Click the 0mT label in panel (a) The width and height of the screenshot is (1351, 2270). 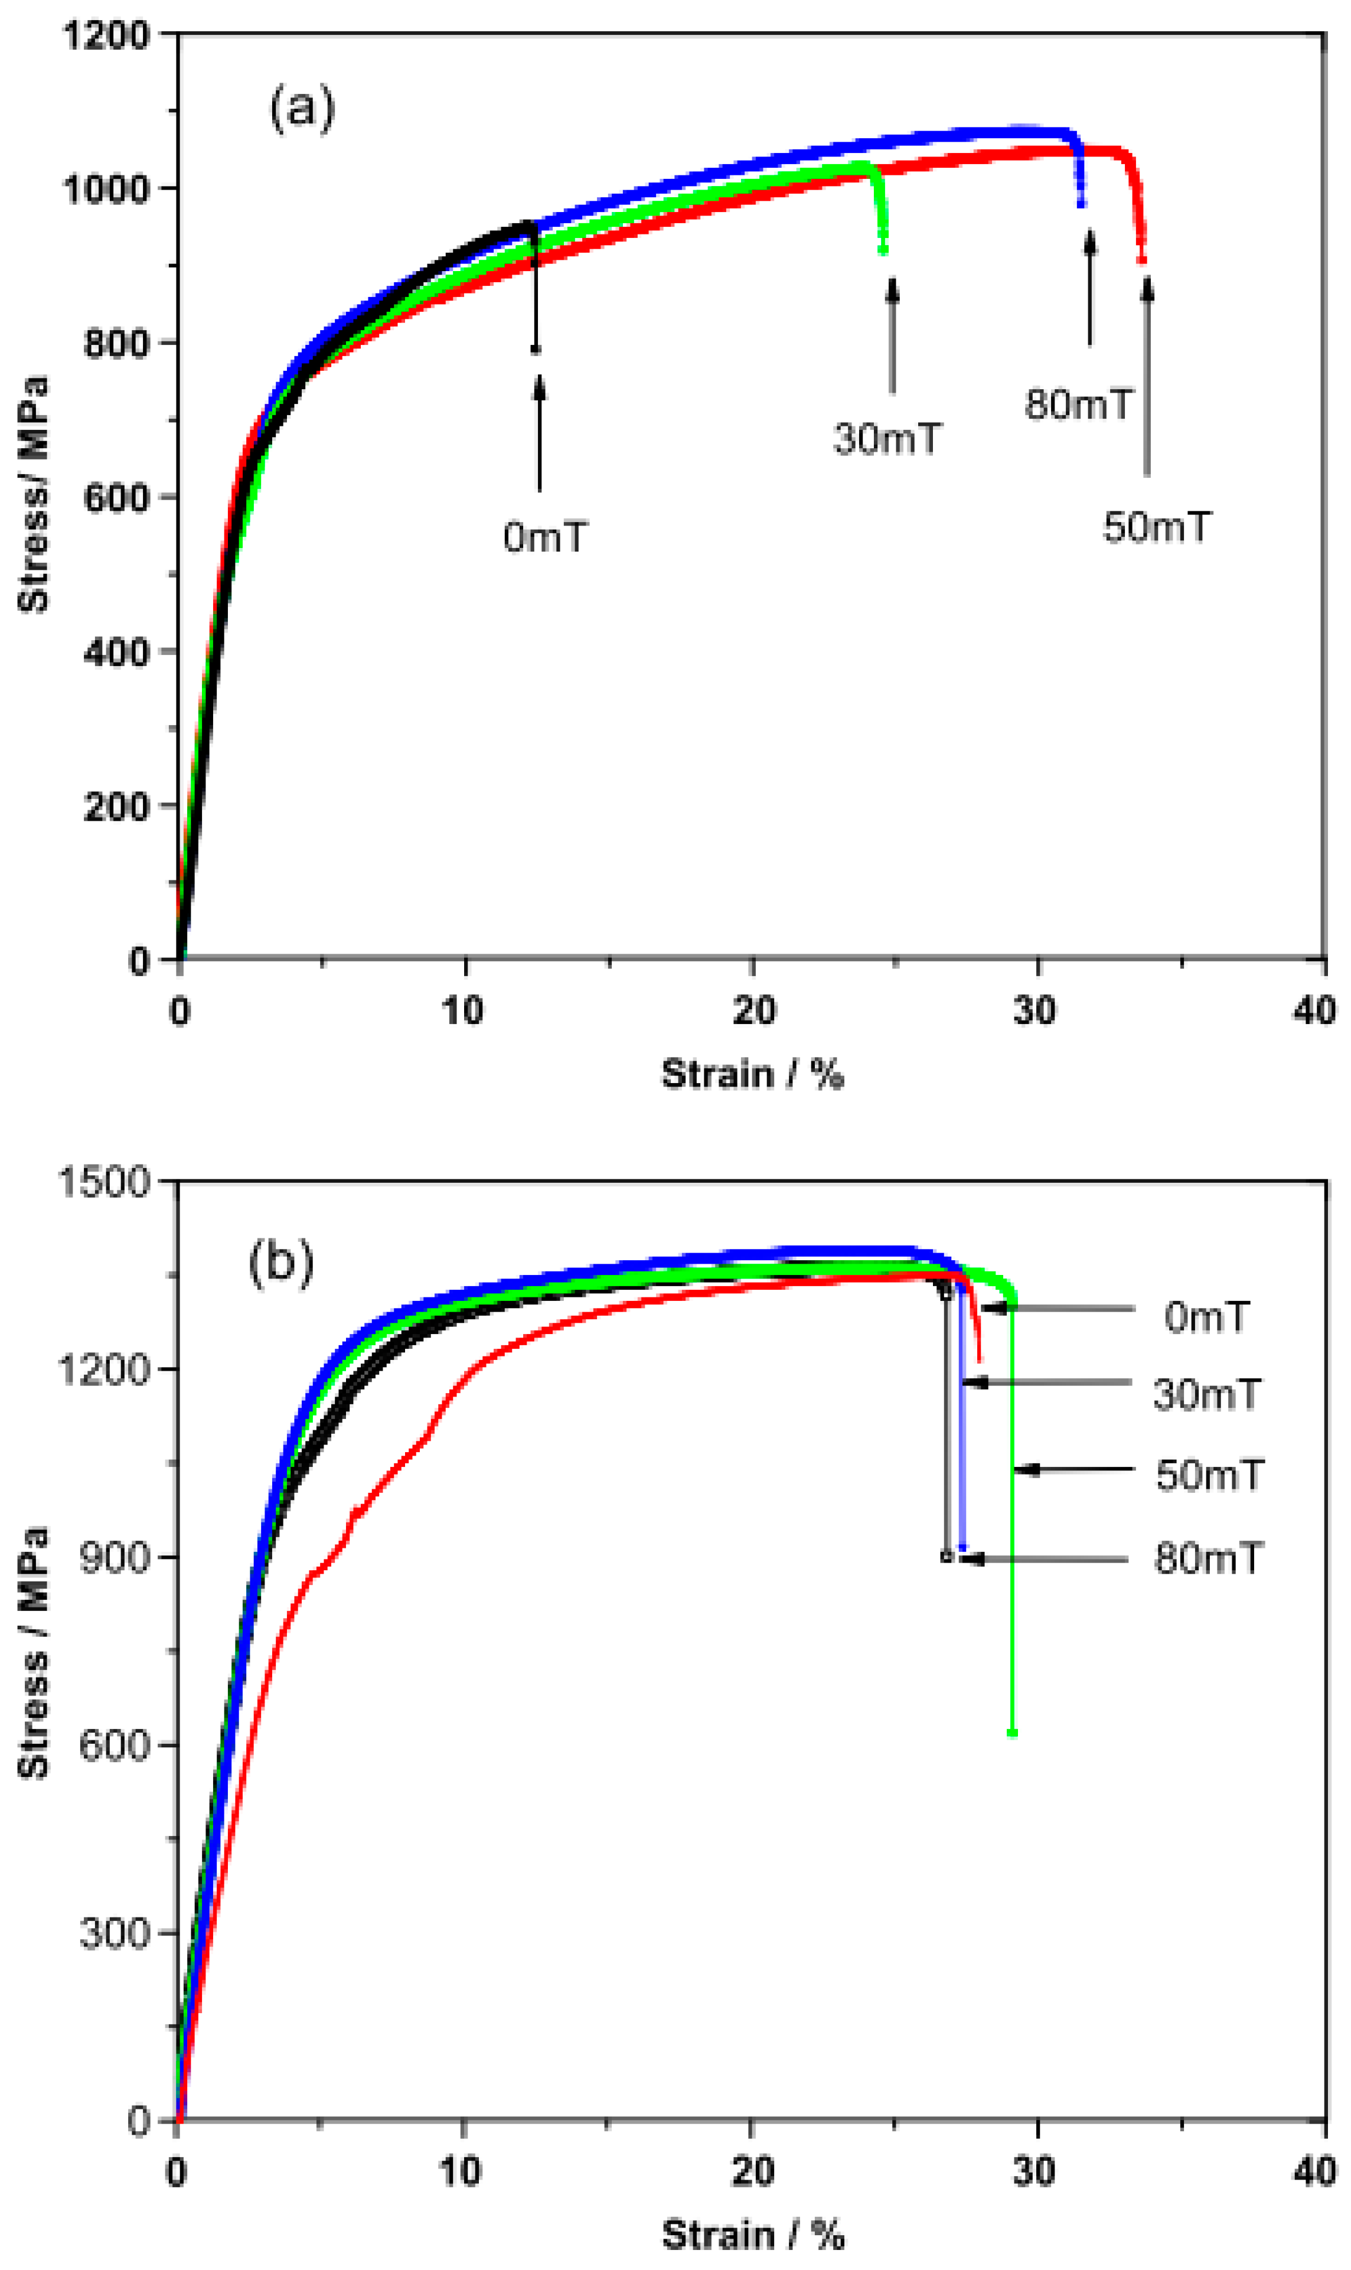point(544,537)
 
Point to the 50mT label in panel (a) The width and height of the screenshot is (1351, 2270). point(1157,527)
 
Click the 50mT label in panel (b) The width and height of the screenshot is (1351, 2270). point(1209,1475)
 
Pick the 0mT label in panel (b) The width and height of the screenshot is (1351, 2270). point(1206,1317)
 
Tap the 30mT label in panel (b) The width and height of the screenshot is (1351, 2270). point(1206,1394)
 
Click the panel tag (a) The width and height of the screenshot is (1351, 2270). point(301,108)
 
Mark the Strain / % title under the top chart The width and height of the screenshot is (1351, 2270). point(752,1074)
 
